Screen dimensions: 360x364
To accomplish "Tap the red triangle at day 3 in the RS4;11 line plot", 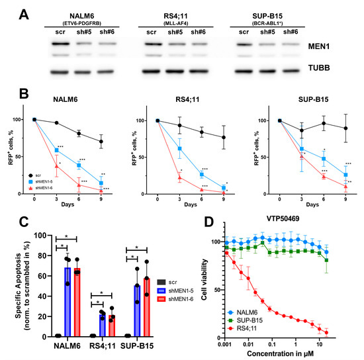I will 179,177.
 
